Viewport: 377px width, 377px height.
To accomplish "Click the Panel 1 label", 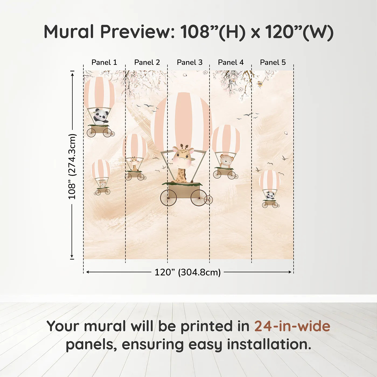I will point(104,62).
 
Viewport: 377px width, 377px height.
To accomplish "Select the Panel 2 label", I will point(147,62).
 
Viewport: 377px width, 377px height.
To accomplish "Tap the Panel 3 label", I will point(190,62).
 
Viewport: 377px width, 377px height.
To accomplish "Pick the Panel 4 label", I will point(231,62).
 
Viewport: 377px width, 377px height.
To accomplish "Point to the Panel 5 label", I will point(273,62).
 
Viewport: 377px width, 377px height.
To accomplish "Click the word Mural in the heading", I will point(69,32).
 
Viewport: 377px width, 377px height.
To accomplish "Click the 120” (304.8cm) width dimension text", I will point(187,272).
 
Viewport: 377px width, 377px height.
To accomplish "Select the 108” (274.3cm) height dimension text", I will point(72,166).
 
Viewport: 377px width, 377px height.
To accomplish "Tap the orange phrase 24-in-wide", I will point(292,326).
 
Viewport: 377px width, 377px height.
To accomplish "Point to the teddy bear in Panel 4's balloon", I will point(226,161).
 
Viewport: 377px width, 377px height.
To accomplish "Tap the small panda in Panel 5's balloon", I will point(270,195).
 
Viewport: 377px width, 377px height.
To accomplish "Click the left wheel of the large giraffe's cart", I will point(169,198).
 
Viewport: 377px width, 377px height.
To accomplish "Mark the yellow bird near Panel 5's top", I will point(260,84).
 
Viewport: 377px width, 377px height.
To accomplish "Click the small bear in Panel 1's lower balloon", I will point(103,184).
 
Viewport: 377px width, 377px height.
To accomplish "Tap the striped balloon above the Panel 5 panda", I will point(270,180).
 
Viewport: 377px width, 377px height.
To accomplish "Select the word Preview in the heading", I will point(138,32).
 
